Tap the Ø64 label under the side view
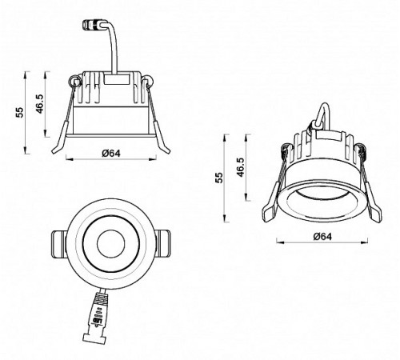pos(110,154)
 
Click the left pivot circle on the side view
pos(75,81)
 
